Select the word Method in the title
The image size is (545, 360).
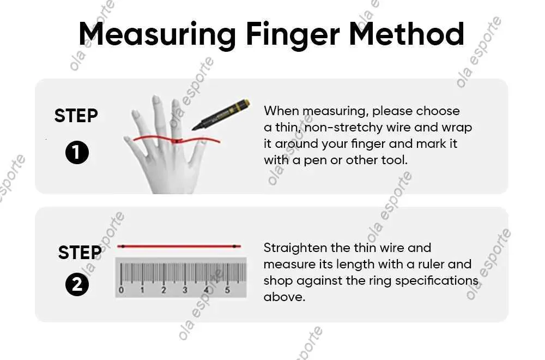click(x=407, y=34)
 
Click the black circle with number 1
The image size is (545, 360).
click(x=77, y=153)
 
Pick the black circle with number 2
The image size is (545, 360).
click(x=77, y=285)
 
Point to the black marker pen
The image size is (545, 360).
click(x=221, y=115)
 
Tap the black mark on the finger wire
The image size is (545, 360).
click(x=177, y=141)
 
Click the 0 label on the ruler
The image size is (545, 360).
click(x=121, y=290)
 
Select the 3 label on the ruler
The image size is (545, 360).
click(x=185, y=290)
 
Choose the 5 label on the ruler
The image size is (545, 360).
click(x=227, y=290)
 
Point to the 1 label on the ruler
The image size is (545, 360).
click(x=142, y=290)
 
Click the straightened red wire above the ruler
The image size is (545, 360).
click(x=179, y=246)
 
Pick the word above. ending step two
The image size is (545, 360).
click(x=284, y=297)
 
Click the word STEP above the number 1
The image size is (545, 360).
click(x=76, y=116)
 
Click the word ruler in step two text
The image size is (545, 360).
click(x=431, y=264)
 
